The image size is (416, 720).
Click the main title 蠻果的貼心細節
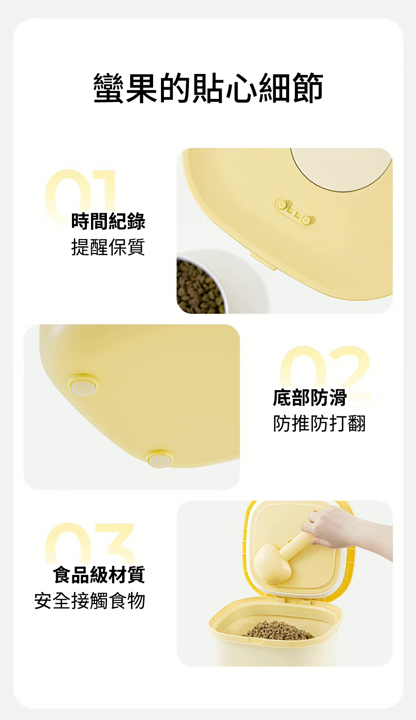tap(208, 88)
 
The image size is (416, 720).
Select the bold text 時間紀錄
tap(108, 221)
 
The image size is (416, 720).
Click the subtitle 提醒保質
tap(108, 247)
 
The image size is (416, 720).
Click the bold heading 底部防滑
tap(310, 398)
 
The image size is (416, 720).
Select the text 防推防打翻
tap(319, 424)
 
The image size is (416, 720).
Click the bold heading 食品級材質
tap(99, 575)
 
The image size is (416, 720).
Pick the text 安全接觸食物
tap(90, 601)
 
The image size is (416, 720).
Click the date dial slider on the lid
tap(295, 211)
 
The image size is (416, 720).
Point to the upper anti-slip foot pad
tap(83, 385)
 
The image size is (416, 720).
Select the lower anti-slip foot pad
tap(160, 459)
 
